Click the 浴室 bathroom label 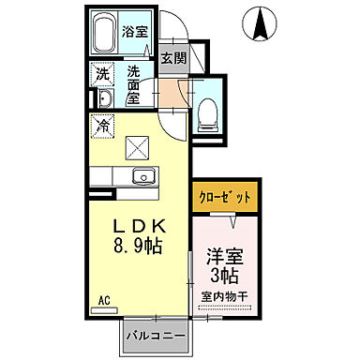tap(134, 31)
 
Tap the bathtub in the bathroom tap(105, 35)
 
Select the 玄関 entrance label tap(171, 57)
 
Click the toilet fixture tap(206, 112)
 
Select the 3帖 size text tap(224, 277)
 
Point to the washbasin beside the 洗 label tap(102, 100)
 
